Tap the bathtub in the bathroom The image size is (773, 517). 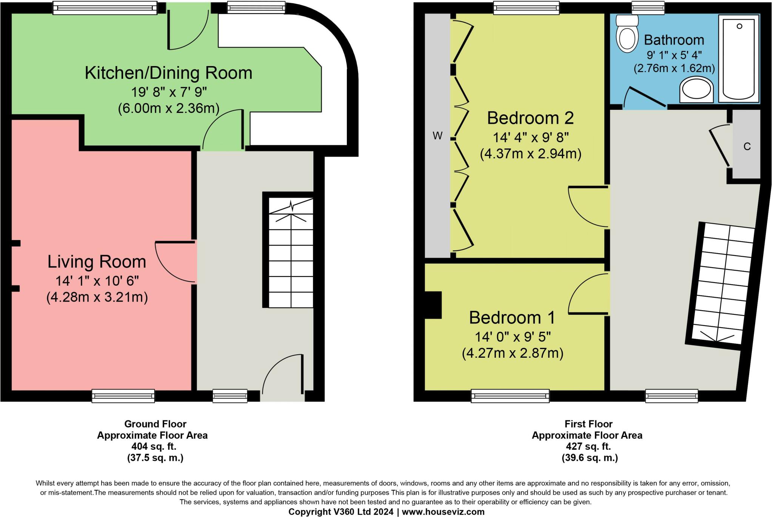(739, 58)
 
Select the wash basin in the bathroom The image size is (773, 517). (696, 91)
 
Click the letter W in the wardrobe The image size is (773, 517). (437, 136)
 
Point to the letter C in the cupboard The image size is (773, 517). (747, 146)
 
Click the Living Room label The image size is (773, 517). (97, 262)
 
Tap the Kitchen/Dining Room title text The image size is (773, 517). (168, 73)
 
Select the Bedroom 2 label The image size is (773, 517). (530, 118)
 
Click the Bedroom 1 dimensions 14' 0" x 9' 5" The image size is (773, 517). (513, 336)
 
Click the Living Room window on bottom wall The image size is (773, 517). (123, 395)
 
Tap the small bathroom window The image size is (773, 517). (648, 8)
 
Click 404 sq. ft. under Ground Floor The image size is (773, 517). (154, 446)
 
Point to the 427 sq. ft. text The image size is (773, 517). (588, 446)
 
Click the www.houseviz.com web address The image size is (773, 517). (443, 512)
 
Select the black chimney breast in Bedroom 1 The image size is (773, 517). (433, 305)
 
